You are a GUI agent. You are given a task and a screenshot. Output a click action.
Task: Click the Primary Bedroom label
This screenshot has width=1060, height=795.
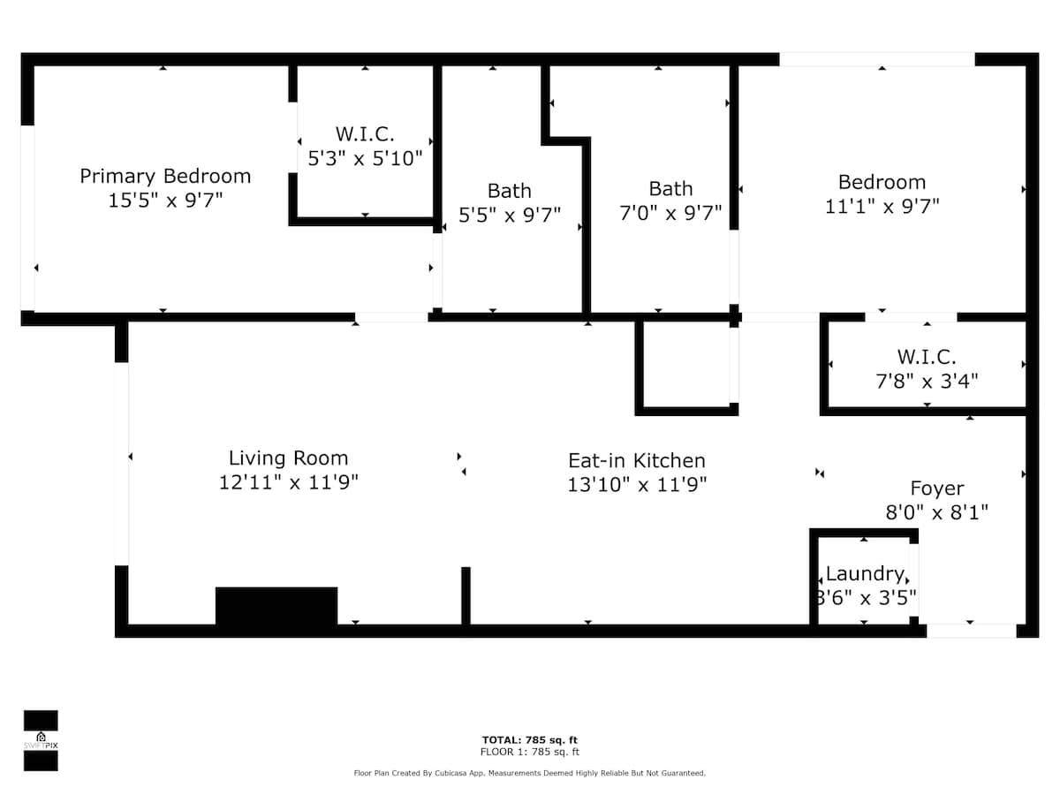(x=165, y=177)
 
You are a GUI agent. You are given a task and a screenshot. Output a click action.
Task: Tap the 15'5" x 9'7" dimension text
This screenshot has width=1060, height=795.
(x=165, y=201)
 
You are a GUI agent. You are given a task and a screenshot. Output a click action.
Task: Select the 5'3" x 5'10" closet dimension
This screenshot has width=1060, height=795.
(x=365, y=158)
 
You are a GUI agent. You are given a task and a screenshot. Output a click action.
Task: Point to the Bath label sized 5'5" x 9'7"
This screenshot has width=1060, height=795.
(x=510, y=191)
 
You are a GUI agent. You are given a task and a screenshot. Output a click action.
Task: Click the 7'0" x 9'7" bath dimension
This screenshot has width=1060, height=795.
(x=670, y=212)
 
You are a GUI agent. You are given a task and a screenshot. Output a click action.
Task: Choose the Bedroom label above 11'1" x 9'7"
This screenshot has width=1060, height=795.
(x=882, y=183)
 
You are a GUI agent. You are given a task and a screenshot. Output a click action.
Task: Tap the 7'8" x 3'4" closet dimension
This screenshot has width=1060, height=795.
(x=927, y=382)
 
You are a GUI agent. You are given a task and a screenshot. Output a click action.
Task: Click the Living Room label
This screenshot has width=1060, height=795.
(x=288, y=458)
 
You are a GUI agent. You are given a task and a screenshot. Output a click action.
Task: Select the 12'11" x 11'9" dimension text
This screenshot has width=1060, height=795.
(x=288, y=482)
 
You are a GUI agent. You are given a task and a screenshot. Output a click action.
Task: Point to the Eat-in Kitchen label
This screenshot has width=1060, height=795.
(x=637, y=460)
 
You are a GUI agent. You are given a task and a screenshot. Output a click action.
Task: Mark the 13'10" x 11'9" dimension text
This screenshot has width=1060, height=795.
(x=637, y=485)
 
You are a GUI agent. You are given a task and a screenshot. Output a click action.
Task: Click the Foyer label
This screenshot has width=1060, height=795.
(x=937, y=488)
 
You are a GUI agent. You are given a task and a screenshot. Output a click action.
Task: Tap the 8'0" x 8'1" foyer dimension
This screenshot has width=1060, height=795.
(x=937, y=512)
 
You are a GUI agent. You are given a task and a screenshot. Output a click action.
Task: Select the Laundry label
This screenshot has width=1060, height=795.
(x=865, y=574)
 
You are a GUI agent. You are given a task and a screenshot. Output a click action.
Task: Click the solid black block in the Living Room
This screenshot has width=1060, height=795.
(x=276, y=606)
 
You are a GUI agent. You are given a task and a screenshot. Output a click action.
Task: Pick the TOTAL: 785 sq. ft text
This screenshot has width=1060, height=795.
(x=529, y=740)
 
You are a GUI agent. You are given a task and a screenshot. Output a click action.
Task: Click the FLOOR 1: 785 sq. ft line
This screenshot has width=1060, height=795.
(x=529, y=752)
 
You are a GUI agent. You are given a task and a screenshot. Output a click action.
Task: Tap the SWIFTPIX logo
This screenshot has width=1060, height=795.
(x=41, y=740)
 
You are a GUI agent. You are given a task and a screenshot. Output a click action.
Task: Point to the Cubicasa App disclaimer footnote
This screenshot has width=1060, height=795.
(x=529, y=773)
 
